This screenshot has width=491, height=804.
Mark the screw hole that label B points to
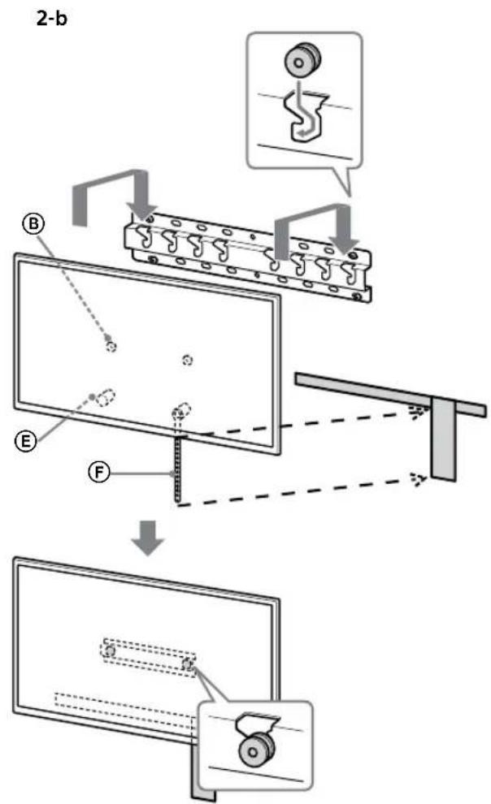(111, 344)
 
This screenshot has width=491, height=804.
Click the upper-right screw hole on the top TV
(188, 358)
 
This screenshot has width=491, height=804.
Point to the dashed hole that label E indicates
(106, 396)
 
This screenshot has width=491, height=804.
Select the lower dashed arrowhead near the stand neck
(417, 479)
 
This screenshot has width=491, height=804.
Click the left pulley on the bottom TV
(109, 651)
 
